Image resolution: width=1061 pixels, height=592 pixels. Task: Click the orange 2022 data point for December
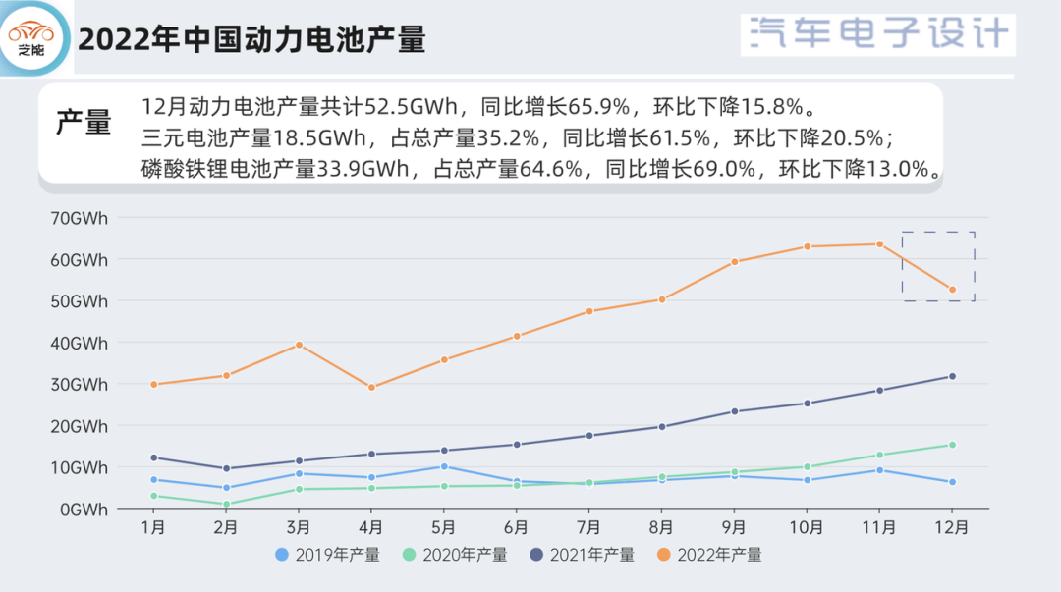pyautogui.click(x=952, y=290)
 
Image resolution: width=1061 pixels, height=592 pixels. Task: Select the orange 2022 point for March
pyautogui.click(x=299, y=345)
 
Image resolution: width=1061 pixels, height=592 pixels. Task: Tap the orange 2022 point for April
pyautogui.click(x=371, y=388)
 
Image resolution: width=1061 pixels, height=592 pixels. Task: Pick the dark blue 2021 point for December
pyautogui.click(x=952, y=376)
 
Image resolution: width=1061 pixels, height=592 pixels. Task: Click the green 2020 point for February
pyautogui.click(x=226, y=505)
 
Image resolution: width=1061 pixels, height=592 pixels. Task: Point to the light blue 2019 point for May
pyautogui.click(x=444, y=466)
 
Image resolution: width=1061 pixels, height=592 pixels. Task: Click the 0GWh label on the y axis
pyautogui.click(x=83, y=509)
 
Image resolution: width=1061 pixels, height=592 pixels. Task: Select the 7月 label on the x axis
pyautogui.click(x=589, y=527)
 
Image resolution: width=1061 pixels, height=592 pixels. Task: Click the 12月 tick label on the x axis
pyautogui.click(x=952, y=527)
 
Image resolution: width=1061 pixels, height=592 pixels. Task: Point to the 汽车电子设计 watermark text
pyautogui.click(x=878, y=34)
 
